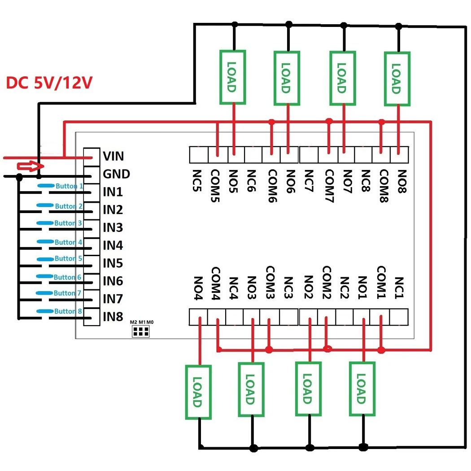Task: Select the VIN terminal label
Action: (x=113, y=156)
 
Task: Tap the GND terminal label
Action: (x=116, y=174)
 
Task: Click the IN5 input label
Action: (x=113, y=263)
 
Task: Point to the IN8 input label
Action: (x=113, y=317)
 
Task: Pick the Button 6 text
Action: (x=67, y=277)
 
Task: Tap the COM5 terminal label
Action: (x=217, y=186)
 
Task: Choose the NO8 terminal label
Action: (x=400, y=181)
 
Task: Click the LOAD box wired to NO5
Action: (x=232, y=77)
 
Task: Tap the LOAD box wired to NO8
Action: (x=397, y=79)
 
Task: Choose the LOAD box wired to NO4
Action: (x=198, y=392)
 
